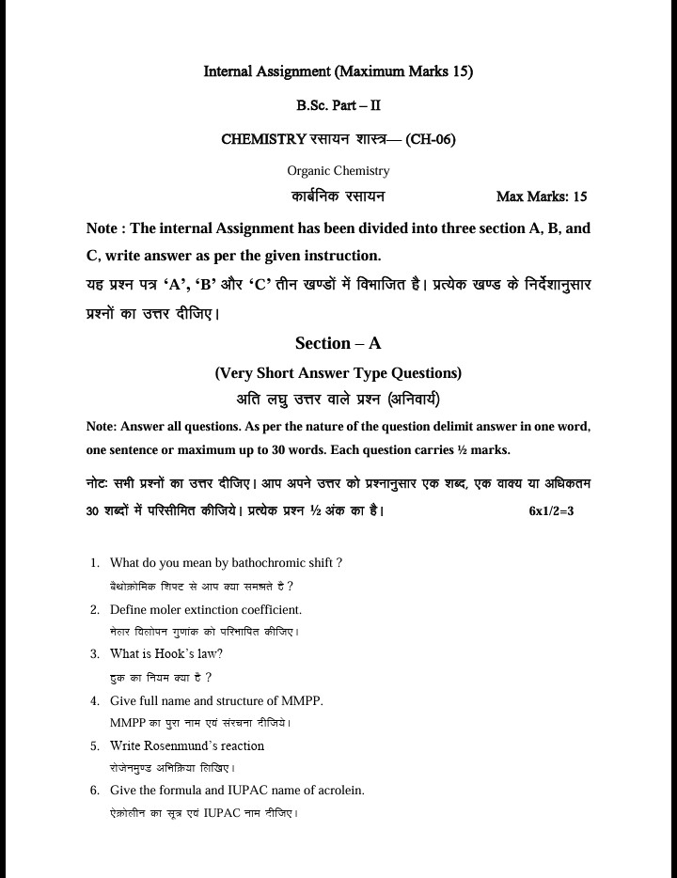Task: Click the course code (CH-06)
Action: pos(431,139)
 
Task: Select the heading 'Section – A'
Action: pos(338,343)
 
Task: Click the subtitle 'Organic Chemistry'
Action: pos(338,170)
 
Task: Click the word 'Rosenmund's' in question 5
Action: pos(203,745)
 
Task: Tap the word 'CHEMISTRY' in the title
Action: pos(263,139)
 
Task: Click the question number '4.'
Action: pos(95,700)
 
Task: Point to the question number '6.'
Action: pos(95,791)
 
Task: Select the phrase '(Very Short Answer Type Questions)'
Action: pos(338,372)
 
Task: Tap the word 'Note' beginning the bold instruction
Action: pos(101,228)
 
